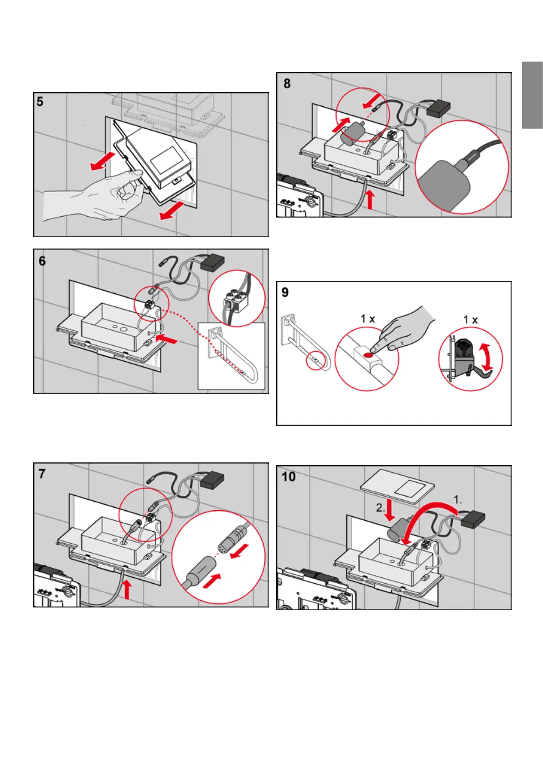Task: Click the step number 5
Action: pos(40,101)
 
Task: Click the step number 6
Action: pos(42,261)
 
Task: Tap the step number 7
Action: pos(42,474)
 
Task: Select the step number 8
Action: pos(287,83)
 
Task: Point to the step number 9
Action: pos(285,292)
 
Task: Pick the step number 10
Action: pos(289,477)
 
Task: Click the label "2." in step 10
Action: pos(381,508)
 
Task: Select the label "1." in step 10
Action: pos(458,500)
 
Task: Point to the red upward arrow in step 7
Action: pos(127,589)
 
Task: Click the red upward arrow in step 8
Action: pos(370,200)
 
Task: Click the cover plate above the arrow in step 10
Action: pos(398,486)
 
